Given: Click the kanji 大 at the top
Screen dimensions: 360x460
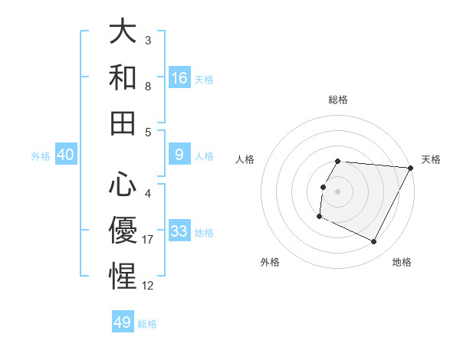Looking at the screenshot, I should click(123, 32).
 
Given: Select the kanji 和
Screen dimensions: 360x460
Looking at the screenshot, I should click(123, 77).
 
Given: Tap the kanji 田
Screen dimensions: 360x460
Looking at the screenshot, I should click(123, 122).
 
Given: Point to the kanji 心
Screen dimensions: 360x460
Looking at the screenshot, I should click(123, 185).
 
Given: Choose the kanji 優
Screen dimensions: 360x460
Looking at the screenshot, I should click(123, 230).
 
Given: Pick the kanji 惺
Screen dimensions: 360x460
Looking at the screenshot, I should click(123, 275).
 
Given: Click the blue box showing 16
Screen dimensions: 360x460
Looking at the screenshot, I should click(179, 77).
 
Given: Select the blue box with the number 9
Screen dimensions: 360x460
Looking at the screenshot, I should click(179, 154).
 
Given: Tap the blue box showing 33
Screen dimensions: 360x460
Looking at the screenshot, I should click(179, 231).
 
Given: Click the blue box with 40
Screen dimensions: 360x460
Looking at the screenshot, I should click(66, 154).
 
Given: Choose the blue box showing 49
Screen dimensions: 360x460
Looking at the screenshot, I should click(123, 322).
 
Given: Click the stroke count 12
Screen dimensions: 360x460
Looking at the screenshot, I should click(148, 285).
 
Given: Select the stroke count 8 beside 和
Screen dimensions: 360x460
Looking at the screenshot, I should click(148, 87).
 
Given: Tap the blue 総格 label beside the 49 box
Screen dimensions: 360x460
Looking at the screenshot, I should click(147, 324).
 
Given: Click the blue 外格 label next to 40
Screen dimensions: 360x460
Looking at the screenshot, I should click(41, 155).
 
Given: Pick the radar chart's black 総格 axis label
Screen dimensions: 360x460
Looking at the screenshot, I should click(338, 100).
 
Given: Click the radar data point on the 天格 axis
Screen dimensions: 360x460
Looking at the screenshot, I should click(411, 168).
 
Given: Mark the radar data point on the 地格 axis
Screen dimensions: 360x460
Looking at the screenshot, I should click(374, 242).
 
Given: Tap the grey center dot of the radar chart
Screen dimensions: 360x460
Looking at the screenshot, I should click(338, 191).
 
